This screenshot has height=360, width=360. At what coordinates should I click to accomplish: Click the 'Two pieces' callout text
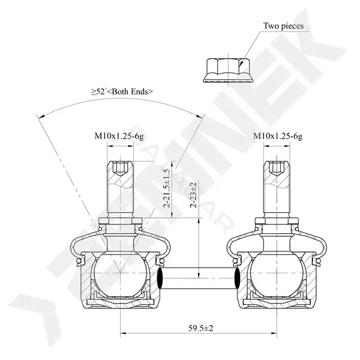pyautogui.click(x=283, y=26)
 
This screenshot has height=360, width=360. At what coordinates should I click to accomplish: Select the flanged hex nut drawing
pyautogui.click(x=229, y=70)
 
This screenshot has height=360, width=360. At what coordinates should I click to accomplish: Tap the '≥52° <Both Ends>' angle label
pyautogui.click(x=122, y=92)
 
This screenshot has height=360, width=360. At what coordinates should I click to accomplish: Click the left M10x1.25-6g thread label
pyautogui.click(x=119, y=136)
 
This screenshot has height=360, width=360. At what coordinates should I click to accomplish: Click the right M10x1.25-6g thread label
pyautogui.click(x=278, y=136)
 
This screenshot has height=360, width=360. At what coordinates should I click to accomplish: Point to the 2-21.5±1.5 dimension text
pyautogui.click(x=167, y=188)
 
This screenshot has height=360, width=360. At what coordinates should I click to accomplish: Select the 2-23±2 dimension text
pyautogui.click(x=194, y=195)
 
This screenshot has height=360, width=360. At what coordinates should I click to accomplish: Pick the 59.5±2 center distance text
pyautogui.click(x=200, y=328)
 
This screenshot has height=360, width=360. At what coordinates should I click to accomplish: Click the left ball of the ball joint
pyautogui.click(x=121, y=274)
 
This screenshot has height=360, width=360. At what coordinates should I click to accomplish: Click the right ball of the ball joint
pyautogui.click(x=277, y=274)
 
